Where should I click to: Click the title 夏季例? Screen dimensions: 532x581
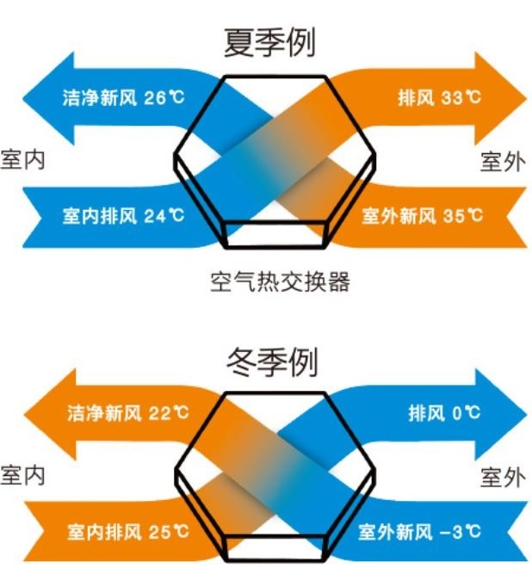click(x=269, y=42)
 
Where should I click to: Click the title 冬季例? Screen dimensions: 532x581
click(x=272, y=362)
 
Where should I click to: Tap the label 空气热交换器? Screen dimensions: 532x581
click(x=280, y=282)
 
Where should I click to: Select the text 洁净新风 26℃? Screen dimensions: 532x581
click(x=123, y=98)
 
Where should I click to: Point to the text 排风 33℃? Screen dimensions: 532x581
click(x=439, y=98)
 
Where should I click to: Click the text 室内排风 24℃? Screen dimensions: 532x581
click(x=123, y=216)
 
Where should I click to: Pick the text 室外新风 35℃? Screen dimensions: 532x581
click(x=423, y=216)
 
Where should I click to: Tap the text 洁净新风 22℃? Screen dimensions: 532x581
click(x=127, y=413)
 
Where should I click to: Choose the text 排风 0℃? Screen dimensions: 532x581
click(x=444, y=413)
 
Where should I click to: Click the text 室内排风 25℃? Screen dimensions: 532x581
click(x=127, y=532)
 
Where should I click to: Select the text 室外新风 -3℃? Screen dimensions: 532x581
click(x=419, y=532)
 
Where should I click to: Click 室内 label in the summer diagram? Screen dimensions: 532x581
click(x=22, y=160)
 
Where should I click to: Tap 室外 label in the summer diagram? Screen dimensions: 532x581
click(x=503, y=162)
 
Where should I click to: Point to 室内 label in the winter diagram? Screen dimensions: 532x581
click(x=22, y=475)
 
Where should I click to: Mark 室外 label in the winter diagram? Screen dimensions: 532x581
click(x=503, y=477)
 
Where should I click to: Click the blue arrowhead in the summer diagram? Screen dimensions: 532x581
click(x=52, y=99)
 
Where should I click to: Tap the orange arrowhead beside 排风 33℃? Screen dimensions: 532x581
click(x=498, y=99)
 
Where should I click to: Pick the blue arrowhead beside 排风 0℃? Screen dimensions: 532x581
click(x=498, y=414)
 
